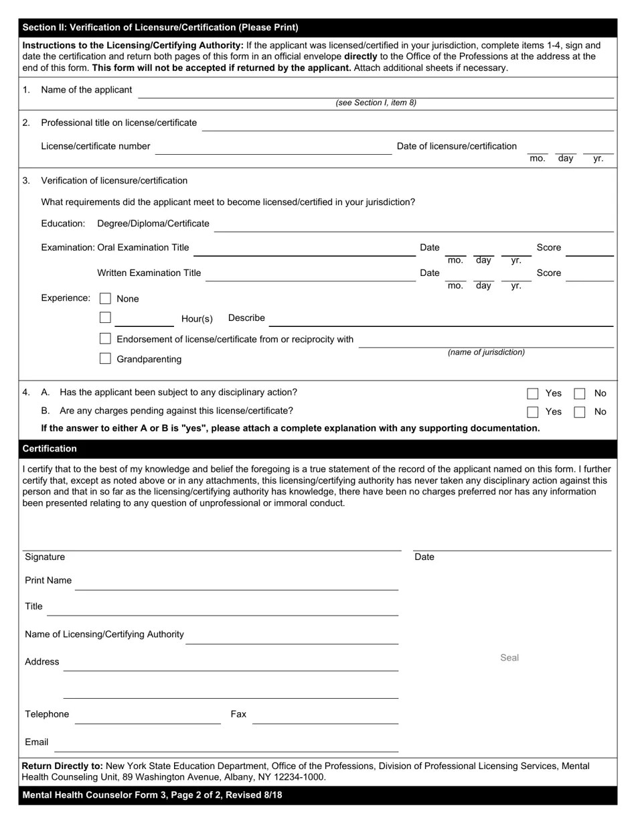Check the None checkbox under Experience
(x=105, y=298)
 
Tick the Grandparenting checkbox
(x=105, y=358)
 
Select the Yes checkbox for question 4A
(x=533, y=393)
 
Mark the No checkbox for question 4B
(x=580, y=411)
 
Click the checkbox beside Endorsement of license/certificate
(x=105, y=339)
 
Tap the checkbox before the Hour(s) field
(x=105, y=318)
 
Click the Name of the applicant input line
(x=375, y=92)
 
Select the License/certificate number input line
(x=273, y=148)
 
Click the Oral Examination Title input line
(x=305, y=249)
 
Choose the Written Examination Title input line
(x=310, y=275)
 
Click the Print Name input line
(x=236, y=583)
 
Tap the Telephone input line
(x=147, y=717)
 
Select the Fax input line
(x=325, y=717)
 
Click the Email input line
(x=230, y=744)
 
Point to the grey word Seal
(x=509, y=658)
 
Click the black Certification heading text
(x=50, y=449)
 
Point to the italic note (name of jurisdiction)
(x=486, y=352)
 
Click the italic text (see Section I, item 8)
(x=376, y=103)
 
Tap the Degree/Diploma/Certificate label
(x=153, y=224)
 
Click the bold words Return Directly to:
(x=62, y=766)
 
